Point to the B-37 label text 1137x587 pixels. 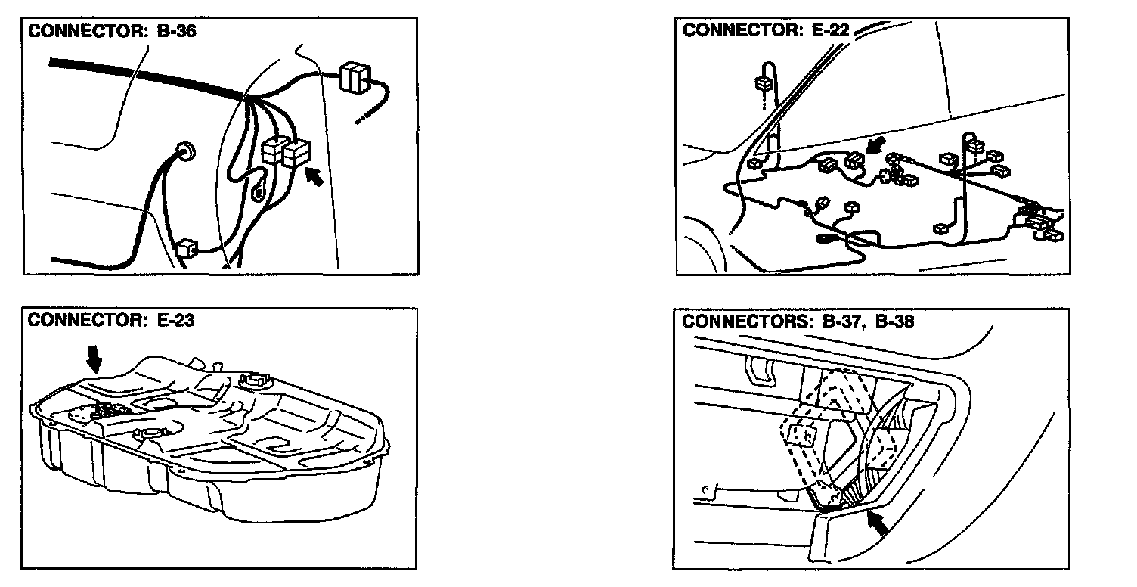pyautogui.click(x=841, y=321)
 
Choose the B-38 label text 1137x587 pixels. pyautogui.click(x=894, y=321)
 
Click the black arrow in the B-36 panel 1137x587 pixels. pyautogui.click(x=318, y=178)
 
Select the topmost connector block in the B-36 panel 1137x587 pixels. pyautogui.click(x=354, y=77)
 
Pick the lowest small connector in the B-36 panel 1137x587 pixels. pyautogui.click(x=186, y=247)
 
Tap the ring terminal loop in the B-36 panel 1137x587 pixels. pyautogui.click(x=259, y=194)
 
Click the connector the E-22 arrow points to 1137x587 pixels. pyautogui.click(x=854, y=160)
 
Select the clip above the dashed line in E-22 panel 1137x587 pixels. pyautogui.click(x=763, y=82)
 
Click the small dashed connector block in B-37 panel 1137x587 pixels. pyautogui.click(x=802, y=434)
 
